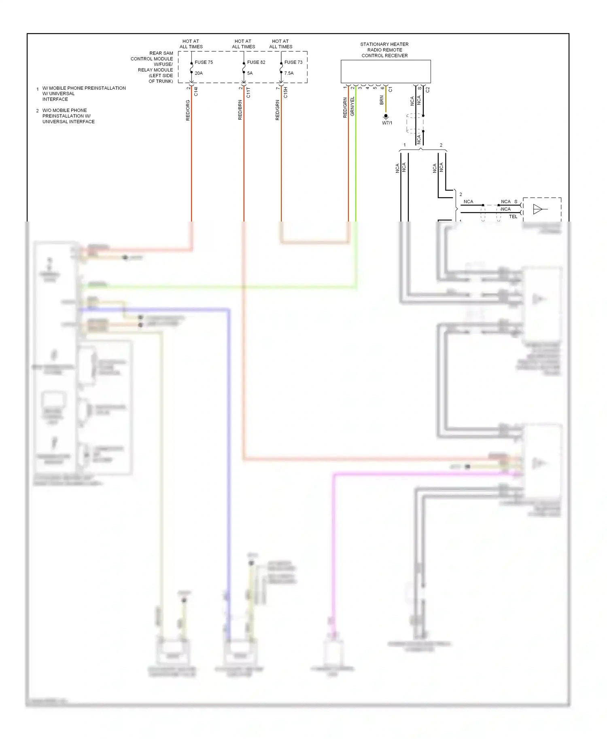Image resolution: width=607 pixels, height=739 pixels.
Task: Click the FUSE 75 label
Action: (204, 62)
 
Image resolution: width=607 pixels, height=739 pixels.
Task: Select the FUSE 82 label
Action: (256, 62)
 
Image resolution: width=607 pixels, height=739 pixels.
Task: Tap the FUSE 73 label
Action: (293, 62)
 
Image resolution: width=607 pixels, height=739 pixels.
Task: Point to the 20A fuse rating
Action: (199, 73)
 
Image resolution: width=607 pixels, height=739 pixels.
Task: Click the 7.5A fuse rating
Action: (289, 73)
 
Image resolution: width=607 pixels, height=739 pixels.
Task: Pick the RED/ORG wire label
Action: (188, 110)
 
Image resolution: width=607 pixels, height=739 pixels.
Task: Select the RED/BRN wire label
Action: (240, 110)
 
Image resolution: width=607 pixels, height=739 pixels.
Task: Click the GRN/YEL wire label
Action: (352, 107)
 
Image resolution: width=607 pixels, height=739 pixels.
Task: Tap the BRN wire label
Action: (382, 101)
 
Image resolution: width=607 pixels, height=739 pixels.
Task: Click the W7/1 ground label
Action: (387, 123)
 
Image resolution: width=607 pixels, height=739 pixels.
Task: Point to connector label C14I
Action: (196, 92)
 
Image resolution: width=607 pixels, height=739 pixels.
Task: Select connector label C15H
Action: (286, 93)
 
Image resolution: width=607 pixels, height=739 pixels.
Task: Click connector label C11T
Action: (248, 93)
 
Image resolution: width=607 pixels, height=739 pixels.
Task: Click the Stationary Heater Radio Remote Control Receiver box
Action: (385, 72)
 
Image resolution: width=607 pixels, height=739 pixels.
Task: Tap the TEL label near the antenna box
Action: (513, 217)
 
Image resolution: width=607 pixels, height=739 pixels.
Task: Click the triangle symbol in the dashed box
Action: (538, 209)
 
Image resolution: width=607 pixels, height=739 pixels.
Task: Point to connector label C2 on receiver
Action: (428, 90)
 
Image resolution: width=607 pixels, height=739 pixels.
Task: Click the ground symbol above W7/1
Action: (386, 117)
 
